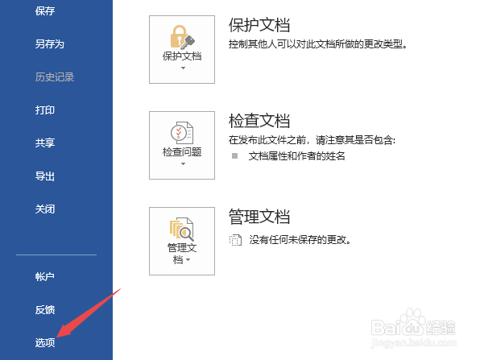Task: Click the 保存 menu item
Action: pos(45,11)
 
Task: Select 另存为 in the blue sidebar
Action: pos(49,44)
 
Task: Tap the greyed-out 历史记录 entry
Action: pos(54,77)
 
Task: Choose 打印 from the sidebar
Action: pos(45,110)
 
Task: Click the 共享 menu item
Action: pos(45,143)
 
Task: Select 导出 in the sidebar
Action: pos(45,176)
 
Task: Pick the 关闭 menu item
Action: pos(45,209)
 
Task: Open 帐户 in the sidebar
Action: pos(45,276)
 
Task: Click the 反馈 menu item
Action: pos(45,309)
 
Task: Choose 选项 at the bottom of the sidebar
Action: pos(45,342)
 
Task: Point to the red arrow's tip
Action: pos(66,337)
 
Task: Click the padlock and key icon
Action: pos(181,36)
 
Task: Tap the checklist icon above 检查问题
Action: pos(181,132)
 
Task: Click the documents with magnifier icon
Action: pos(181,228)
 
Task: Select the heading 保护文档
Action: pos(259,24)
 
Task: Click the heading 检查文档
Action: pos(259,120)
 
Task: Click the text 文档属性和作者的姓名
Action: pos(296,155)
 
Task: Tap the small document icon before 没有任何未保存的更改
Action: pos(235,239)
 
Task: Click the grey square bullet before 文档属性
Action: pos(235,155)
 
